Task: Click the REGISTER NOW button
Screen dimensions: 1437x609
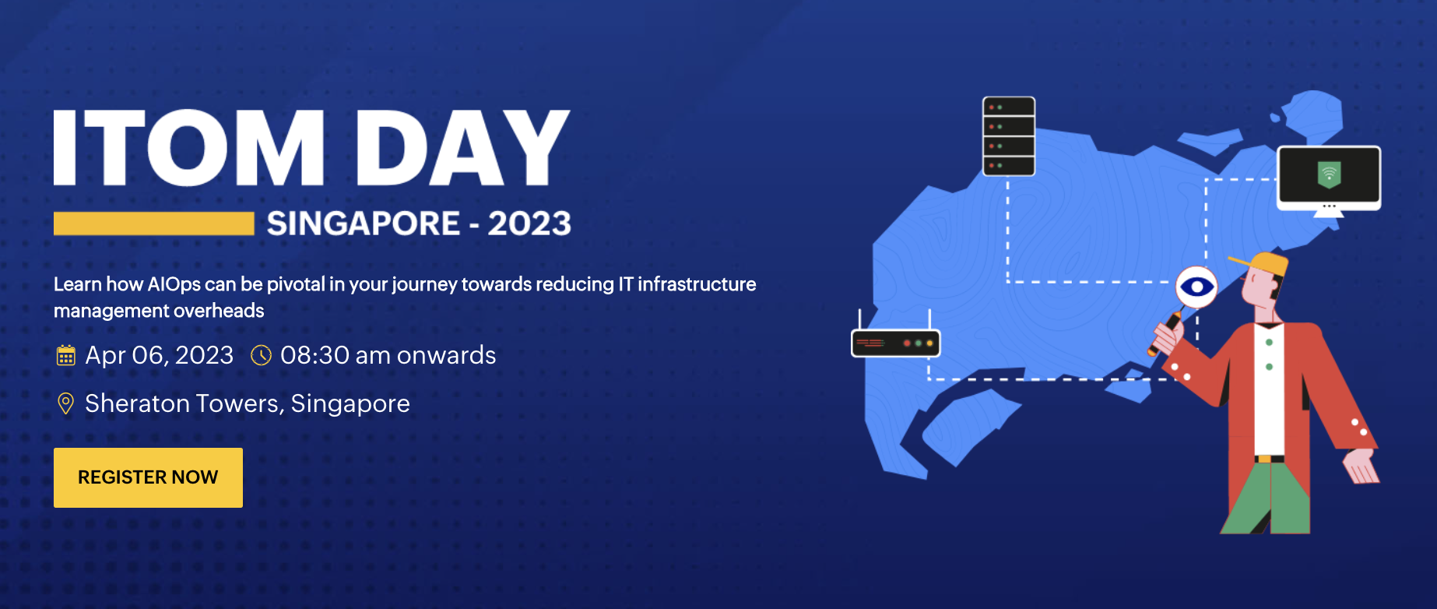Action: point(148,477)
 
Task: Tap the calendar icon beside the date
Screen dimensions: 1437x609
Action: point(66,356)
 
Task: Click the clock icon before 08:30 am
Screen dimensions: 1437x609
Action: point(261,356)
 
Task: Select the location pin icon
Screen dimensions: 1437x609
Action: point(66,403)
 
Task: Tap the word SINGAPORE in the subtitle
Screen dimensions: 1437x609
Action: point(364,224)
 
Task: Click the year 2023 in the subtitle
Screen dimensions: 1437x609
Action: point(529,224)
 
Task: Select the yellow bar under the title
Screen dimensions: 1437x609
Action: point(154,224)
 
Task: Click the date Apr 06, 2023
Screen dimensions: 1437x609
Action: point(160,356)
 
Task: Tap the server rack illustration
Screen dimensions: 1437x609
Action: point(1009,136)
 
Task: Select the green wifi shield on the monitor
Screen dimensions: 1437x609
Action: point(1329,174)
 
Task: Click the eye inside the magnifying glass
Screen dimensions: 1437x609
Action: point(1196,287)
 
